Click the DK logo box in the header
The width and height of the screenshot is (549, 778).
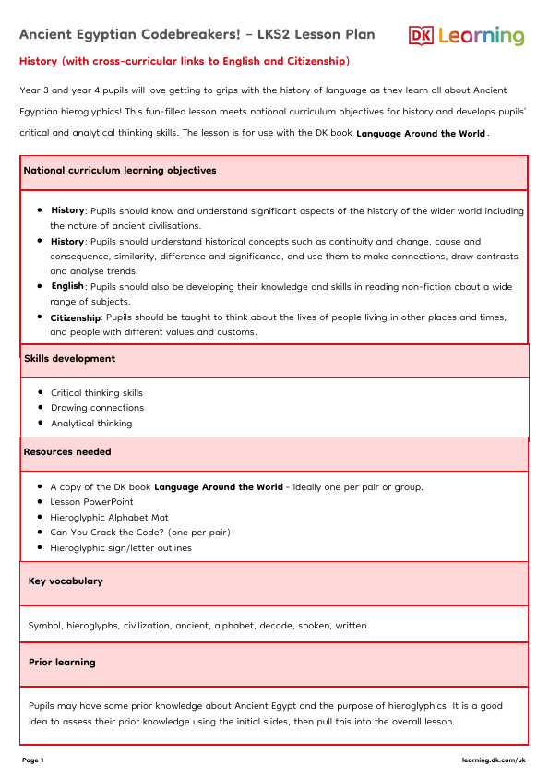point(422,36)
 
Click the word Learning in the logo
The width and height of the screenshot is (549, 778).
point(482,37)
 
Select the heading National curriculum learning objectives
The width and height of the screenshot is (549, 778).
point(120,171)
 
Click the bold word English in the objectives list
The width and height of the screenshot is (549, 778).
point(67,286)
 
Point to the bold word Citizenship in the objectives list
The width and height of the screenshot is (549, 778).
point(76,317)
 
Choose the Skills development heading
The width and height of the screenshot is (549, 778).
point(69,358)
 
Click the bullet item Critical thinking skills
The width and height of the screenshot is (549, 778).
point(97,392)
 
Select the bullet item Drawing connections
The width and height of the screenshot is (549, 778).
point(97,408)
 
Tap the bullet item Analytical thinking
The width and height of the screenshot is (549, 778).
point(91,424)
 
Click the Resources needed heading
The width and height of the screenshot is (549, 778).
point(67,452)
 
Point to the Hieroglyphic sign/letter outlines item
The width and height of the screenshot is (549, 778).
point(121,548)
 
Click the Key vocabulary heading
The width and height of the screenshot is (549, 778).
point(66,581)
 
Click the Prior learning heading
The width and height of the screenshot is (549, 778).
point(62,662)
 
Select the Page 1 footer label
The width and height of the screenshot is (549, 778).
point(32,760)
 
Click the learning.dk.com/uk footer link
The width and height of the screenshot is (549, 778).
point(494,760)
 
